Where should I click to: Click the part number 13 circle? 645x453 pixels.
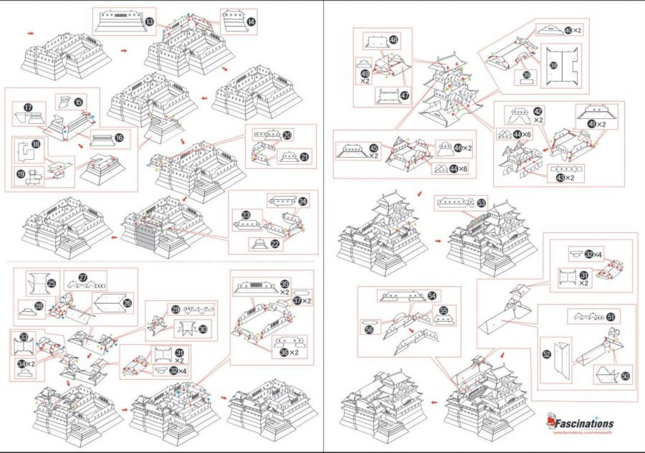[x=150, y=23]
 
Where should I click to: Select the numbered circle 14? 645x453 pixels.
[x=251, y=22]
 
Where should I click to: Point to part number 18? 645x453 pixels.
[x=35, y=145]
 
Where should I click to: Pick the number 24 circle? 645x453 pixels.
[x=302, y=202]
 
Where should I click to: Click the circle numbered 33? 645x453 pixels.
[x=24, y=337]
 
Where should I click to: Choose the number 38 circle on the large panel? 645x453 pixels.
[x=553, y=65]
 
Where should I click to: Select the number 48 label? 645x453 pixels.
[x=394, y=40]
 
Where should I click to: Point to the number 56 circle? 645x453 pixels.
[x=369, y=330]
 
